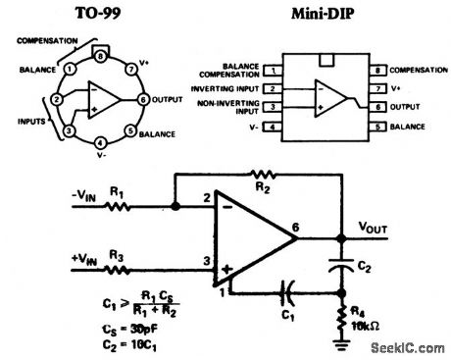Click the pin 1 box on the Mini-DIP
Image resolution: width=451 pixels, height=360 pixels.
pyautogui.click(x=267, y=72)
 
